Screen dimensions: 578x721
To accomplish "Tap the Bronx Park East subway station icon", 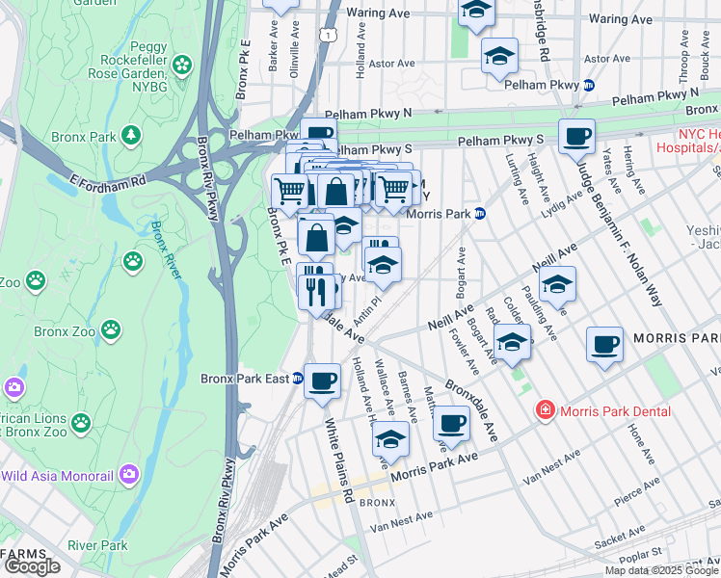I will click(x=298, y=379).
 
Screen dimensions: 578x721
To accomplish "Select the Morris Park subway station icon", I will click(x=479, y=214).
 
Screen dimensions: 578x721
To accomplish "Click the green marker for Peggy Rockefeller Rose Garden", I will click(x=181, y=66).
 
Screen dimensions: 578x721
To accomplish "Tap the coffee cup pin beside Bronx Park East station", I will click(x=322, y=381).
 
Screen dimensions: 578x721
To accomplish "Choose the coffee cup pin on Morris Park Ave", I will click(x=451, y=423).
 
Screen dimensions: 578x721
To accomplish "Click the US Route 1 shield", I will click(x=329, y=35).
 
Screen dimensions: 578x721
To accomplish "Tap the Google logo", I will click(x=31, y=566).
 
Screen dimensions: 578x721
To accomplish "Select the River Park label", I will click(x=97, y=545).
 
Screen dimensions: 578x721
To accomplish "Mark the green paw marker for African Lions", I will click(x=80, y=422).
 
